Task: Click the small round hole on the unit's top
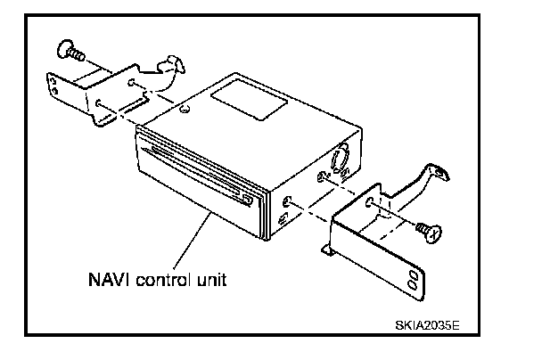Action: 184,111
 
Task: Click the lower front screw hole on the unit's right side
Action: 283,217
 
